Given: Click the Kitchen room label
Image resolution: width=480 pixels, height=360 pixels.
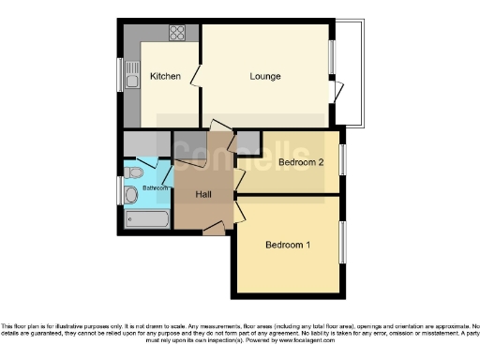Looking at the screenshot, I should (165, 77).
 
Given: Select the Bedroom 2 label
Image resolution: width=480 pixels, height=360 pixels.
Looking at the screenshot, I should (301, 162).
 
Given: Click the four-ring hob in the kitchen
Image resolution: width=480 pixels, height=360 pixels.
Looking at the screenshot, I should (177, 33).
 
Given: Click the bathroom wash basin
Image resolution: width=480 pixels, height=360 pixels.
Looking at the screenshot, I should (130, 195).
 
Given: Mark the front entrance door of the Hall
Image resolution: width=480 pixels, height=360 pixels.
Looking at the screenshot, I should (214, 227).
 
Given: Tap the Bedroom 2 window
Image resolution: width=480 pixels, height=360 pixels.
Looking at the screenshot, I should (342, 159).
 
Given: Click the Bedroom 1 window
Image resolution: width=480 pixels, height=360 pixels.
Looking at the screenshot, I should (342, 243).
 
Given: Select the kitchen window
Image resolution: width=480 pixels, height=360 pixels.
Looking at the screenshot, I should (119, 75).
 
